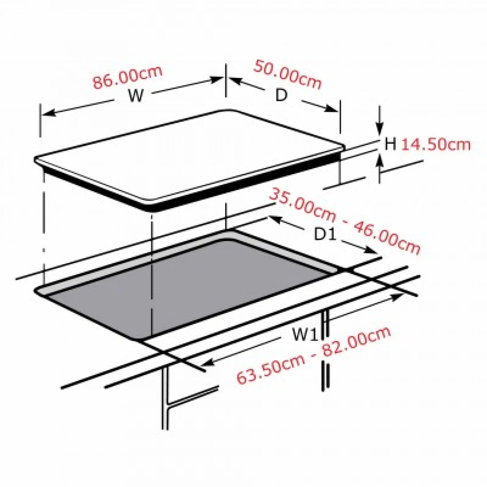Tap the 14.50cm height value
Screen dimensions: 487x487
click(x=436, y=145)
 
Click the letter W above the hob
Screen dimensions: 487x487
click(x=136, y=96)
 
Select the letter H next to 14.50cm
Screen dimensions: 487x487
click(x=390, y=144)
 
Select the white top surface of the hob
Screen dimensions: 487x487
click(x=189, y=156)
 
